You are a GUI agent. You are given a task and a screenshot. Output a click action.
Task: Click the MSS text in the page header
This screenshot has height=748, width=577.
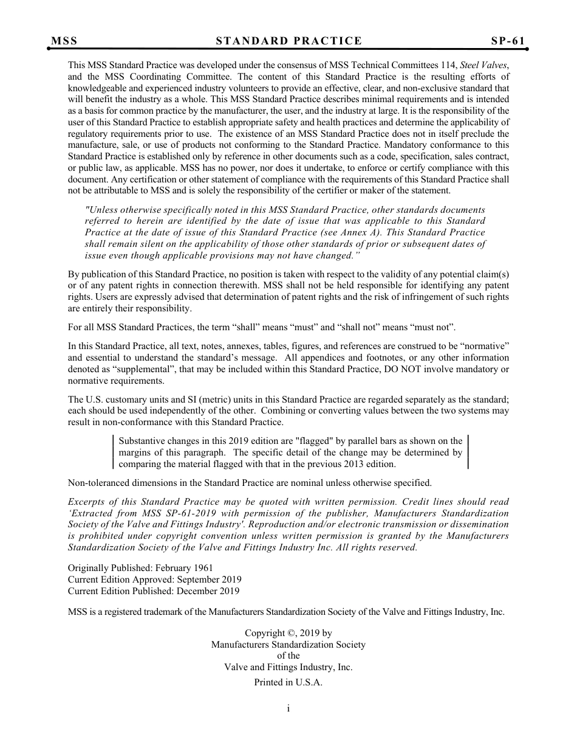click(x=64, y=41)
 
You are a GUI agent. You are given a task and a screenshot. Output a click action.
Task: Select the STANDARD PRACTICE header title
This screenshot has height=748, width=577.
click(x=288, y=41)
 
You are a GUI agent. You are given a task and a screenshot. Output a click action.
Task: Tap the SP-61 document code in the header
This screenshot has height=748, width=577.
click(x=508, y=41)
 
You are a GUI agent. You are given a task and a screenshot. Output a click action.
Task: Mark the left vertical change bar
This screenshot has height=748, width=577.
click(x=114, y=452)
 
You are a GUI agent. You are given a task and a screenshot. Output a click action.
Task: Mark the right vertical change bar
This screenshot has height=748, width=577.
click(x=468, y=452)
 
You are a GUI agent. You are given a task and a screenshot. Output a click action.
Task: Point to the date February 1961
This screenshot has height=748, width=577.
click(x=182, y=568)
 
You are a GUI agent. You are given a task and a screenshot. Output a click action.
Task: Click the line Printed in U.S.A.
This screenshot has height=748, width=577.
click(x=288, y=682)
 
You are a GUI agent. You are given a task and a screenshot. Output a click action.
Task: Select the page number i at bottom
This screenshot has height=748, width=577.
click(x=288, y=708)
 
